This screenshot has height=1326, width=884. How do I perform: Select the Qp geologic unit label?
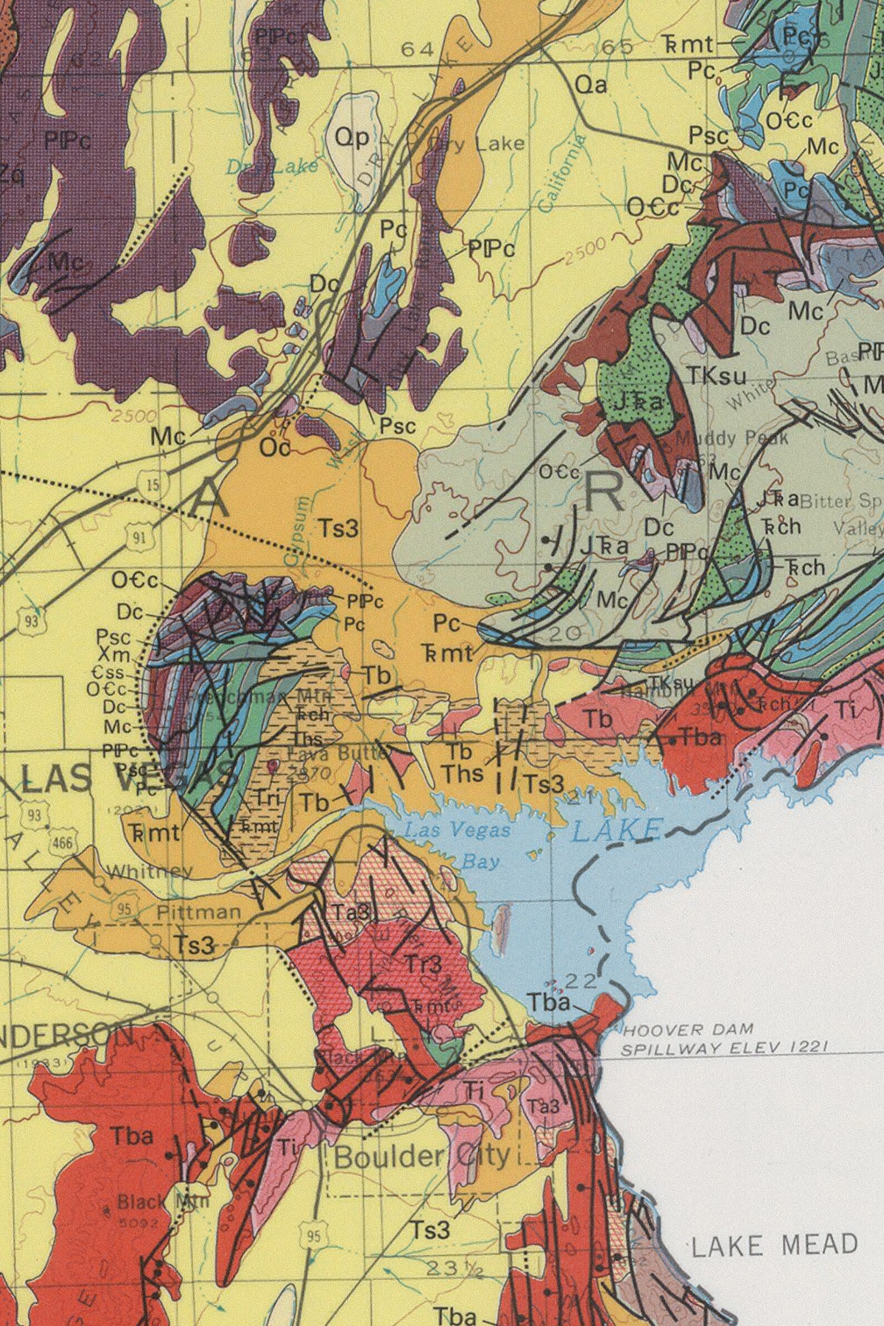(352, 137)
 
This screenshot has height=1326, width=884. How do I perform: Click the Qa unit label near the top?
(591, 86)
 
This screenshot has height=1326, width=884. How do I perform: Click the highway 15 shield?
(152, 484)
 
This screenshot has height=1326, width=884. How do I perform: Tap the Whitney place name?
(149, 872)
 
